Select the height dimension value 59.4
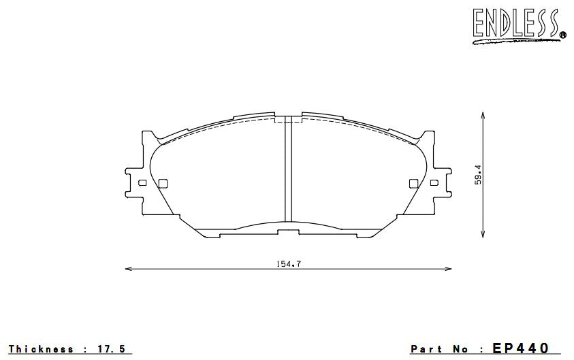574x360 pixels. pos(479,174)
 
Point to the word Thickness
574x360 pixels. pos(42,349)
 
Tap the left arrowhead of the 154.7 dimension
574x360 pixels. pos(129,269)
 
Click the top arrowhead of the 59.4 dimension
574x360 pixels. pos(483,117)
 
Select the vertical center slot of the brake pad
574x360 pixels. pos(288,170)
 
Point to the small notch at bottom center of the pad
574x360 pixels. pos(288,232)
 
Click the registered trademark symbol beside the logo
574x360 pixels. pos(562,35)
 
